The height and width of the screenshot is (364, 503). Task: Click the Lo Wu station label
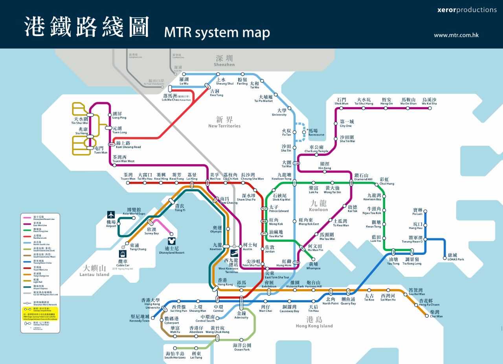(x=184, y=81)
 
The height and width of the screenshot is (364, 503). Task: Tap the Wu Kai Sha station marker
(x=430, y=108)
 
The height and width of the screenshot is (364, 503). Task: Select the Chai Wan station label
(x=436, y=314)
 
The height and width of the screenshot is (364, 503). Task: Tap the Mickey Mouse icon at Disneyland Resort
(x=171, y=240)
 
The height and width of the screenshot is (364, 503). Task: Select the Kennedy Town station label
(x=140, y=318)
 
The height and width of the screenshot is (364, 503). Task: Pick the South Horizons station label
(x=175, y=355)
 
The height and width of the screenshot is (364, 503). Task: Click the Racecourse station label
(x=316, y=132)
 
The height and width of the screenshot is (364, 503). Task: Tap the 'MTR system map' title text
(x=217, y=32)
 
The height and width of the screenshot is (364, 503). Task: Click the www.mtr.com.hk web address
(x=456, y=35)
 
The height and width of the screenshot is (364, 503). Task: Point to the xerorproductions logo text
(x=467, y=10)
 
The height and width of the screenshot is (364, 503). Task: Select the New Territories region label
(x=224, y=122)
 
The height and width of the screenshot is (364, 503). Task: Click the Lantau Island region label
(x=94, y=271)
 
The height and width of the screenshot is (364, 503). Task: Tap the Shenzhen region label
(x=224, y=61)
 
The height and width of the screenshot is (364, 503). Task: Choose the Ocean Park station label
(x=242, y=347)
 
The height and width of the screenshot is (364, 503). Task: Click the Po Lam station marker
(x=425, y=212)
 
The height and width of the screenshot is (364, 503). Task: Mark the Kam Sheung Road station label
(x=128, y=145)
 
